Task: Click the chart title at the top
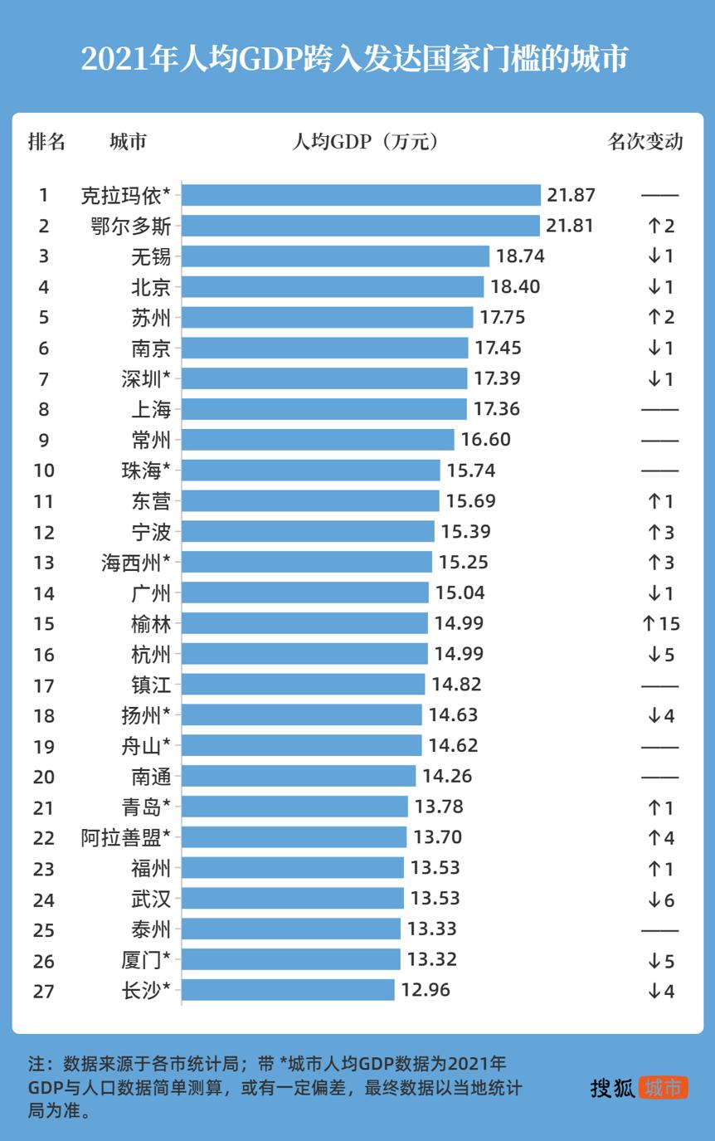[355, 59]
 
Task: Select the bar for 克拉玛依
[361, 195]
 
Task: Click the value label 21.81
[570, 226]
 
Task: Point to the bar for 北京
[333, 287]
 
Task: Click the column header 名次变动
[645, 142]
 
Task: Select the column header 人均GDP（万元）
[365, 142]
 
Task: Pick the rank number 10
[44, 471]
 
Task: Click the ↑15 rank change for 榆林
[660, 624]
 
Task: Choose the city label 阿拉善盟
[126, 837]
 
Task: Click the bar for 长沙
[288, 990]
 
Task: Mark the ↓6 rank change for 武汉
[660, 899]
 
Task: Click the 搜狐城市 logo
[639, 1088]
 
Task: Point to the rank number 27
[44, 991]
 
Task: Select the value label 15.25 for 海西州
[463, 563]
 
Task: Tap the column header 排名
[46, 142]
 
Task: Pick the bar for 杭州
[304, 654]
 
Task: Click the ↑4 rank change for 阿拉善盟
[660, 838]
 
